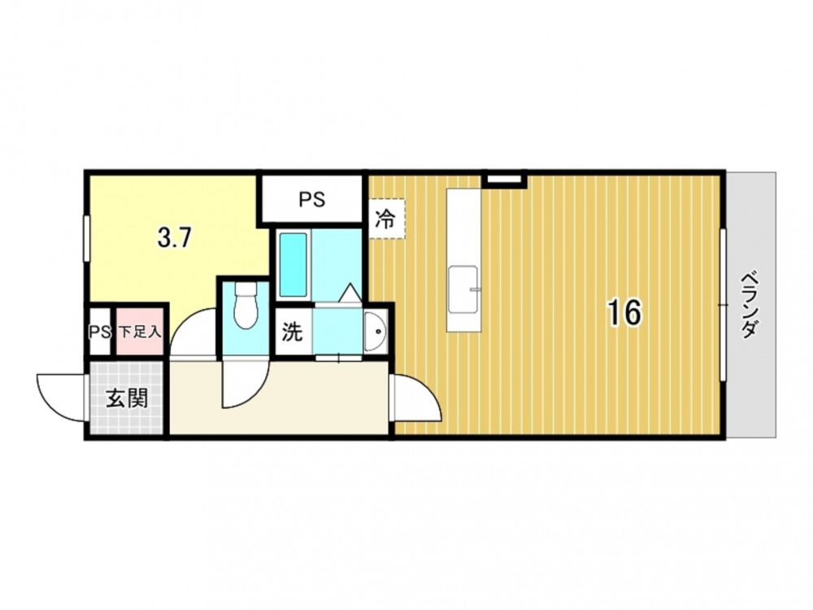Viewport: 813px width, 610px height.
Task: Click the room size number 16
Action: (x=624, y=312)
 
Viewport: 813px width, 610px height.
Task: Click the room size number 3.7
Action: (x=175, y=238)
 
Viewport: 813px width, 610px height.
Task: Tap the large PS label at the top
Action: (x=312, y=199)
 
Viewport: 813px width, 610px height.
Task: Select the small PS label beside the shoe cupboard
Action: (x=100, y=332)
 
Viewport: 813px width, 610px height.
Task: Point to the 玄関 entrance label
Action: (x=128, y=399)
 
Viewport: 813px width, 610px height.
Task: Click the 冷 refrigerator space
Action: (x=385, y=219)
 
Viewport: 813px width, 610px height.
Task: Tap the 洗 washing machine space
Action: (x=293, y=332)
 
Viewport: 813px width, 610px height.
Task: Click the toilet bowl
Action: (x=246, y=305)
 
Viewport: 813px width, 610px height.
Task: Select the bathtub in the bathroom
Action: (x=293, y=264)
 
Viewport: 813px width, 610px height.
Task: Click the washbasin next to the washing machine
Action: (x=376, y=332)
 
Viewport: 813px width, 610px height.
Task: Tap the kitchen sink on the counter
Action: (x=463, y=290)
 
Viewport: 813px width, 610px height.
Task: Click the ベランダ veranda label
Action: (x=750, y=305)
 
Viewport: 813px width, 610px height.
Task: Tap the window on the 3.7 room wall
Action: (x=87, y=238)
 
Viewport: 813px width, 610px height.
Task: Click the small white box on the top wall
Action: (x=503, y=180)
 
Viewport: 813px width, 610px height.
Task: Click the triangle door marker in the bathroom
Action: (x=351, y=293)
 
